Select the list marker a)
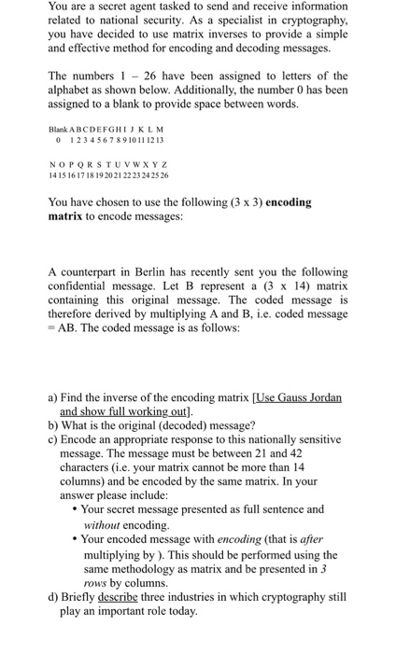click(x=53, y=396)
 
